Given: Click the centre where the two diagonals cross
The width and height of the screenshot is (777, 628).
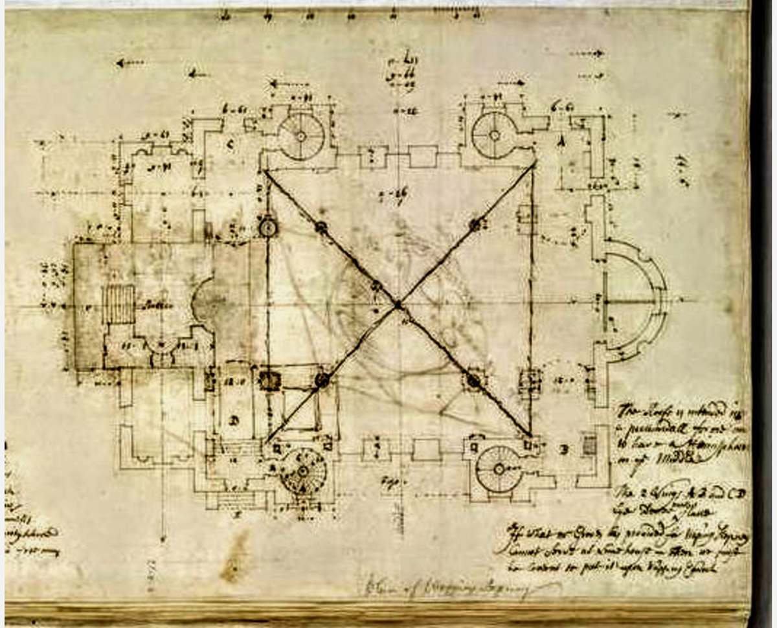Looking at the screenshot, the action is tap(398, 304).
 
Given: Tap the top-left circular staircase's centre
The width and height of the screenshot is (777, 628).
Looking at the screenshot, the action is tap(301, 136).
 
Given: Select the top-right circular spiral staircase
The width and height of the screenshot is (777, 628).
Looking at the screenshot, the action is tap(494, 135).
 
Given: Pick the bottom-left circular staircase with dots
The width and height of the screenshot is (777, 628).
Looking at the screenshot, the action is tap(302, 471).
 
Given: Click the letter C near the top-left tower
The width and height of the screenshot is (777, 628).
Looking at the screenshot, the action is tap(230, 144).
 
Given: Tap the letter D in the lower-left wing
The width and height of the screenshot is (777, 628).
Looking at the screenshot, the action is tap(233, 421).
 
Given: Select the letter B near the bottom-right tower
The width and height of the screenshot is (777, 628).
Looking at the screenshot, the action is tap(564, 449).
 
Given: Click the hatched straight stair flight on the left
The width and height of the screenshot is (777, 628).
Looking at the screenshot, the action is tap(119, 304).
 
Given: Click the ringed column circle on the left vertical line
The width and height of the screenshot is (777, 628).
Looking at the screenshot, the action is tap(267, 227).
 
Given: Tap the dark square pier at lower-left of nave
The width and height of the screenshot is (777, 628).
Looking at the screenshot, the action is tap(269, 379).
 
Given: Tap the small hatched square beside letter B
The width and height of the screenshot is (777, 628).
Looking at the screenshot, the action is tap(589, 445).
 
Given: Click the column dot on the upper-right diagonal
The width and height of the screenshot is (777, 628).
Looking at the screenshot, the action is tap(477, 225).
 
